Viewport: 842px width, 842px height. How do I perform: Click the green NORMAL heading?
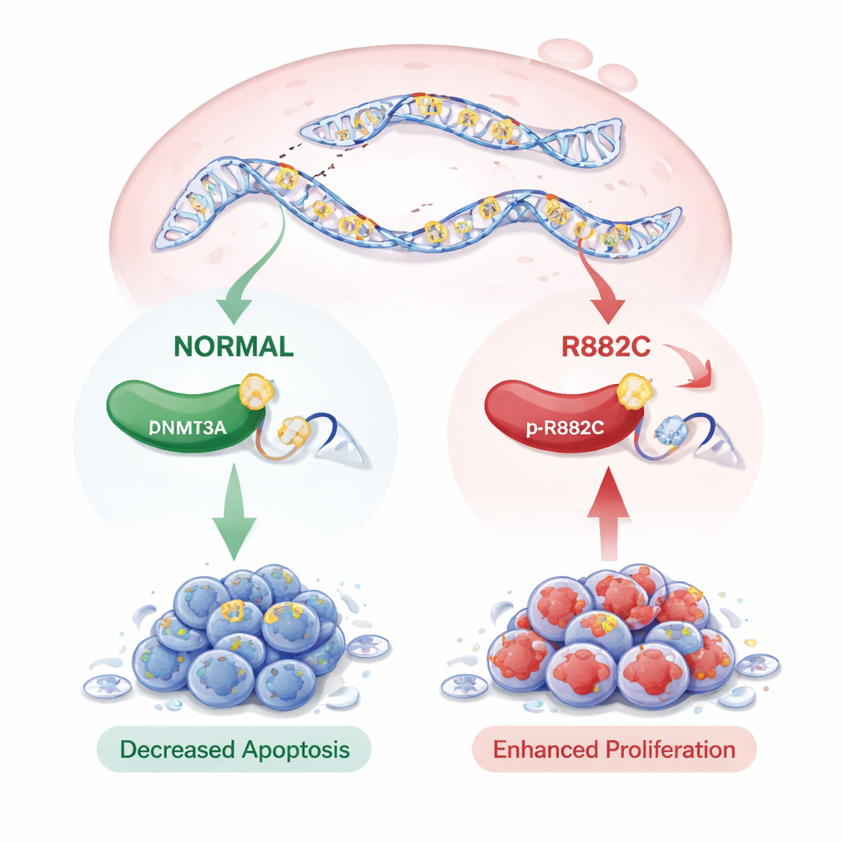pos(234,346)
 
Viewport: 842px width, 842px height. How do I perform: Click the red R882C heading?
pos(606,346)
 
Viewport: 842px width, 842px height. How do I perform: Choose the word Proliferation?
pos(672,749)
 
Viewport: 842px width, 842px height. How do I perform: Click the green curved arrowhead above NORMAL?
pos(236,311)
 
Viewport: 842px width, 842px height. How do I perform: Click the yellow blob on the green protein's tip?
pos(255,393)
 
